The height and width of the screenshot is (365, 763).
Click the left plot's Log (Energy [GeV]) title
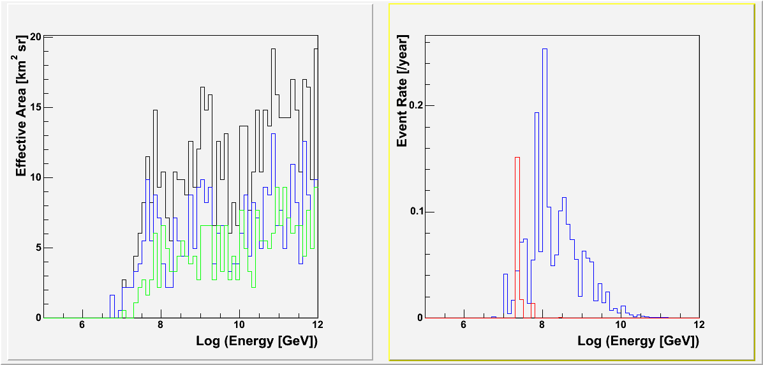coord(256,341)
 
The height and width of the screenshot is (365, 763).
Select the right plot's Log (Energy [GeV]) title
coord(638,341)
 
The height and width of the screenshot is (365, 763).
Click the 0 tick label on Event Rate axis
coord(419,318)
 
